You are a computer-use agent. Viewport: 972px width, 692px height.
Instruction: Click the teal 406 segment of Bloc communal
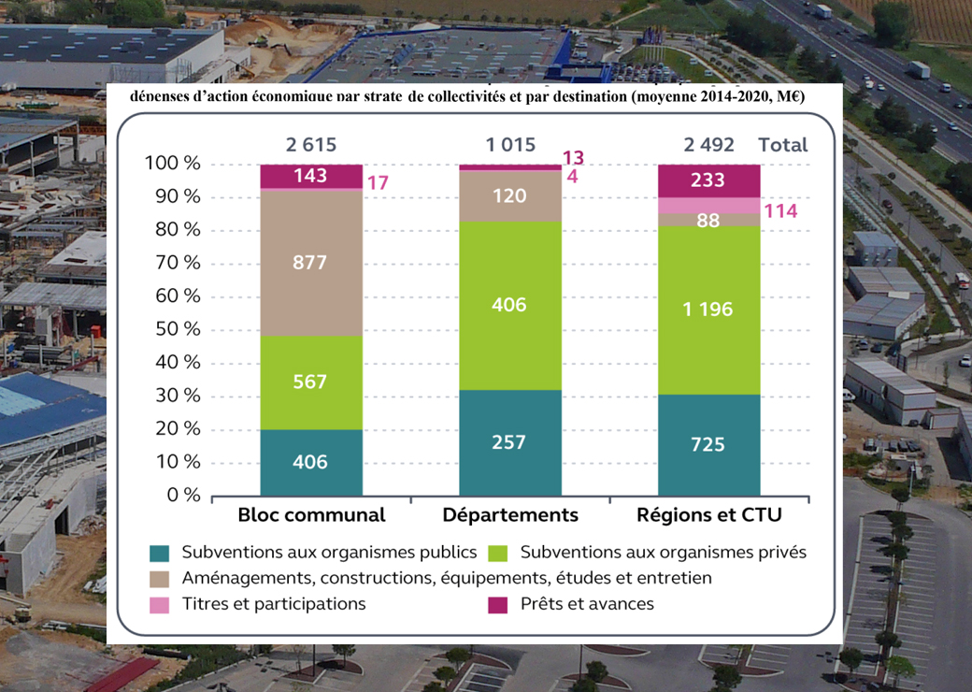[x=310, y=462]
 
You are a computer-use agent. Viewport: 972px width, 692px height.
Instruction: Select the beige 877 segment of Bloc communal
[x=310, y=263]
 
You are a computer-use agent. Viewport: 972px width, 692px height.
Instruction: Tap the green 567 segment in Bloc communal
[x=310, y=382]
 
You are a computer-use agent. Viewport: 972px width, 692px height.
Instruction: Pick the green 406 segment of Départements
[x=510, y=305]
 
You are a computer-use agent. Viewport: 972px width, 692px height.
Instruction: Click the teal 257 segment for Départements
[x=510, y=442]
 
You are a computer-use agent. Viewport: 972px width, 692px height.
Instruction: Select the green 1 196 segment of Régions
[x=708, y=310]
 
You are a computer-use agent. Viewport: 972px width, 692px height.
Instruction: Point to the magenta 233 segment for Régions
[x=708, y=180]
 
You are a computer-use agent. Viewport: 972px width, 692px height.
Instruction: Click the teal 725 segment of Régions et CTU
[x=708, y=444]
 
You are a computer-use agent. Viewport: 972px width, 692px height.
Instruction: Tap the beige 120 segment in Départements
[x=510, y=196]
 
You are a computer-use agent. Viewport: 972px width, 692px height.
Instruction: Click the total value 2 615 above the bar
[x=310, y=145]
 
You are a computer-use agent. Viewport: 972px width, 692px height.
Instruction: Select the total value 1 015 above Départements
[x=510, y=145]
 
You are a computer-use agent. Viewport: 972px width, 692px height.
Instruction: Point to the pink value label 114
[x=780, y=211]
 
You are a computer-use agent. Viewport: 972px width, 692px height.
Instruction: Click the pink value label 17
[x=378, y=183]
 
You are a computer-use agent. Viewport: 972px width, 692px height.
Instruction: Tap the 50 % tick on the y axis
[x=173, y=329]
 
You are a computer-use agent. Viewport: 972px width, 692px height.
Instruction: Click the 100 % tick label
[x=173, y=164]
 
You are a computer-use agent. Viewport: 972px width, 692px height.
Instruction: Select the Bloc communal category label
[x=311, y=515]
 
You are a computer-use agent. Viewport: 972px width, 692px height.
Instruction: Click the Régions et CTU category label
[x=708, y=515]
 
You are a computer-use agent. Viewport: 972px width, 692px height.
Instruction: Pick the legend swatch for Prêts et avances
[x=498, y=605]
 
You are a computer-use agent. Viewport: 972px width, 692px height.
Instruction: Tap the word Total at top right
[x=783, y=145]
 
